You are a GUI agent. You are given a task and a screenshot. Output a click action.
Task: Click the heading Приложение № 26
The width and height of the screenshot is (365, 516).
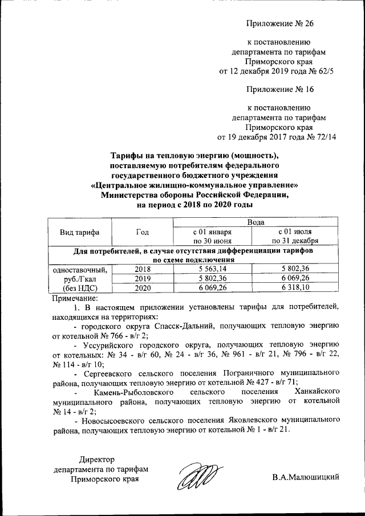coord(279,23)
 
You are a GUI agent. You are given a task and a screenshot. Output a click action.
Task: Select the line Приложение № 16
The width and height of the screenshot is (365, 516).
coord(279,89)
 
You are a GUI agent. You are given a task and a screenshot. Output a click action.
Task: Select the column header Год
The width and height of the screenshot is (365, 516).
coord(143,232)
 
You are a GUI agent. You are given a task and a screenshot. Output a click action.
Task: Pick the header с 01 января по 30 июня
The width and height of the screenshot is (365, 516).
coord(212,237)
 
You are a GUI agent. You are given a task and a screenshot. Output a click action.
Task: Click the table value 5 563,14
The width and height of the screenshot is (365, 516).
coord(212,268)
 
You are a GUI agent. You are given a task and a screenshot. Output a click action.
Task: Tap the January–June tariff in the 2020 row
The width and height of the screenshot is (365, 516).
coord(212,288)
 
